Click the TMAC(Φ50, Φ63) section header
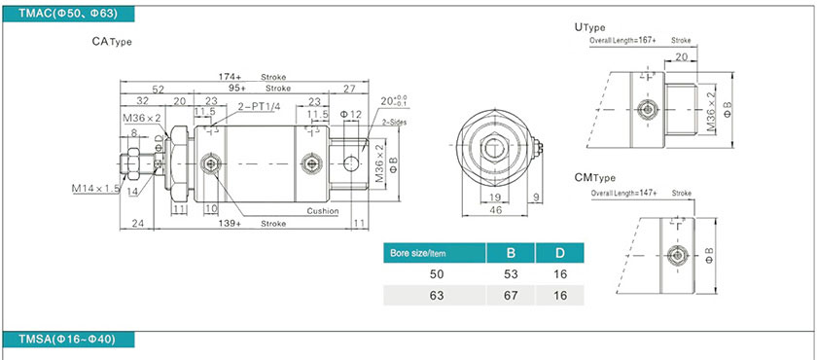coord(68,14)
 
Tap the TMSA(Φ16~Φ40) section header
coord(68,340)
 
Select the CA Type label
coord(112,42)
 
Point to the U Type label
coord(589,27)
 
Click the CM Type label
coord(595,178)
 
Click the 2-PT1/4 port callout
coord(259,106)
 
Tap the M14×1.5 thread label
coord(96,188)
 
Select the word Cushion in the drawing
coord(323,211)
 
